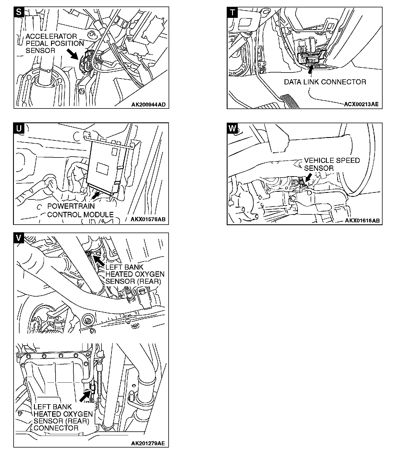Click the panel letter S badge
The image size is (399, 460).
19,12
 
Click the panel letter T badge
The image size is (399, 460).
232,12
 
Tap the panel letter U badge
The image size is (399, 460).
19,128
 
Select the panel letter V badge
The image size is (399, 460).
19,238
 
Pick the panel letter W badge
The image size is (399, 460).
232,128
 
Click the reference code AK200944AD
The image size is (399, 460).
148,105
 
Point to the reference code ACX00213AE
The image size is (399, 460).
361,104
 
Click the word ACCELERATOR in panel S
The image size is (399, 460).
51,37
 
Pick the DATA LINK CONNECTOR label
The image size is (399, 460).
325,82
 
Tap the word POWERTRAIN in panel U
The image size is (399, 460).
71,206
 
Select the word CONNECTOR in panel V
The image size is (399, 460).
56,428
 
